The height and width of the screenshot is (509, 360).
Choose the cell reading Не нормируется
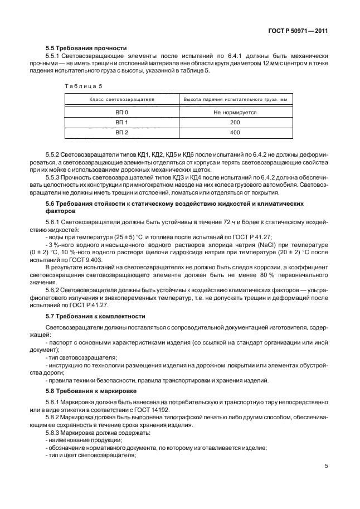pyautogui.click(x=235, y=112)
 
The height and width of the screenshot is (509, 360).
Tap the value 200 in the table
pyautogui.click(x=235, y=122)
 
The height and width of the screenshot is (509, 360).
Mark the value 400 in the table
pyautogui.click(x=235, y=132)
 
